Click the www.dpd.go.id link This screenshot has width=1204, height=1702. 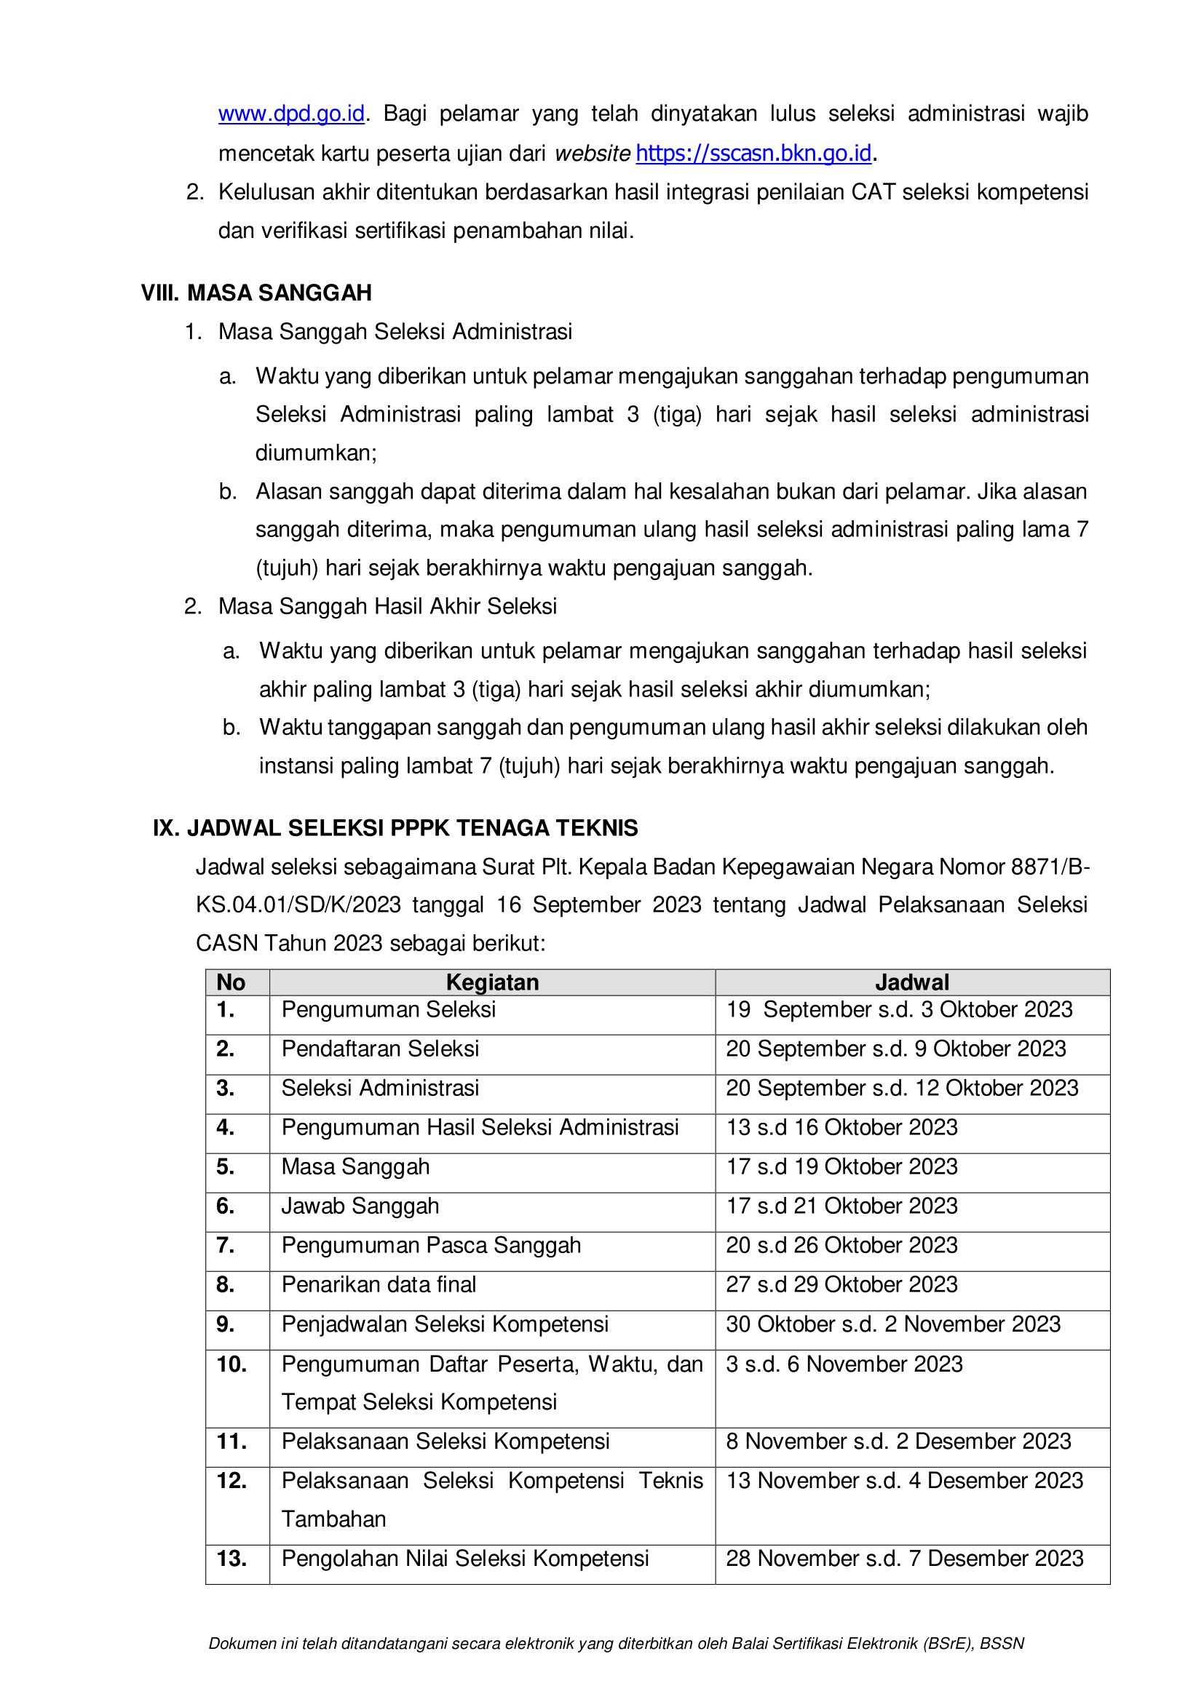pyautogui.click(x=291, y=114)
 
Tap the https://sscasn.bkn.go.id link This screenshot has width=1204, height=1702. pyautogui.click(x=753, y=154)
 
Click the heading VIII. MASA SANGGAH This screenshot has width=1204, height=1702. pyautogui.click(x=256, y=293)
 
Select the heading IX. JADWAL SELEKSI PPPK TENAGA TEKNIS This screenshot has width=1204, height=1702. pyautogui.click(x=395, y=828)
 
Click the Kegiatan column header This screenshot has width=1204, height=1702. pyautogui.click(x=492, y=982)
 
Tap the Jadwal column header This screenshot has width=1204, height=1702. pyautogui.click(x=912, y=982)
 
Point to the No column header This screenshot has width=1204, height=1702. pyautogui.click(x=231, y=982)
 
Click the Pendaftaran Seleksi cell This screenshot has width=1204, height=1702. pyautogui.click(x=380, y=1049)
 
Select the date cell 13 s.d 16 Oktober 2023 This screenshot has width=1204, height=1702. pyautogui.click(x=841, y=1127)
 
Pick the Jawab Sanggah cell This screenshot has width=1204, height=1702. pyautogui.click(x=360, y=1206)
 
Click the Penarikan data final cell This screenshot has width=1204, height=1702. pyautogui.click(x=379, y=1284)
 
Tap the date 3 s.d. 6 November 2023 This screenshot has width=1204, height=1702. pyautogui.click(x=844, y=1364)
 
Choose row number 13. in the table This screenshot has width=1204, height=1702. pyautogui.click(x=231, y=1559)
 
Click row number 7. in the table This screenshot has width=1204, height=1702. pyautogui.click(x=226, y=1245)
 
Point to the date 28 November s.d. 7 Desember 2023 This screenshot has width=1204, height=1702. pyautogui.click(x=905, y=1559)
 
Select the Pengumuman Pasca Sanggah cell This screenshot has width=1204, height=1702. pyautogui.click(x=431, y=1245)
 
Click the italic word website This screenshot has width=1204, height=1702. pyautogui.click(x=593, y=154)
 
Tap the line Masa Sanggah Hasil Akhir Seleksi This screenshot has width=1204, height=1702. pyautogui.click(x=387, y=606)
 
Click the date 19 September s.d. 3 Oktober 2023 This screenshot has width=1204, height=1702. pyautogui.click(x=898, y=1010)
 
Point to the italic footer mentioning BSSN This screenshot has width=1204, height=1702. pyautogui.click(x=616, y=1644)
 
